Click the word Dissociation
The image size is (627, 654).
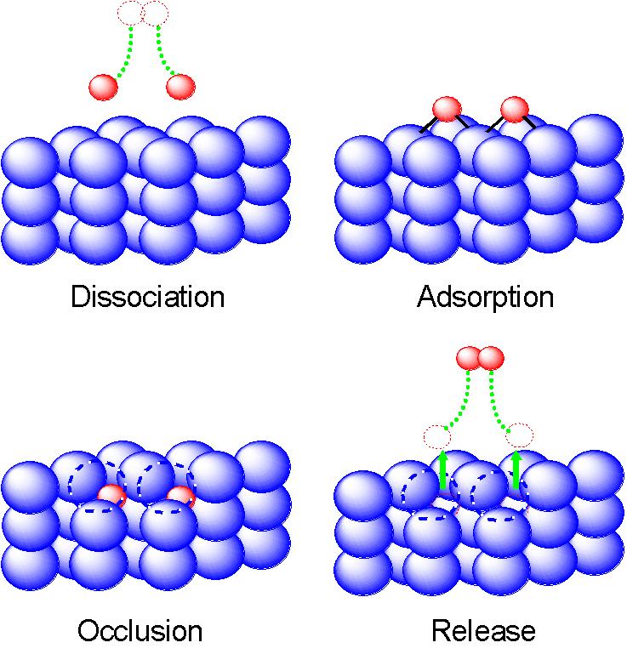tap(148, 297)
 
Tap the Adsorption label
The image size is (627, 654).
tap(486, 297)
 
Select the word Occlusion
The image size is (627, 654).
tap(140, 631)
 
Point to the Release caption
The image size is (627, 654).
tap(483, 631)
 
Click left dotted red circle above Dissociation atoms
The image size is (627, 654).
tap(130, 13)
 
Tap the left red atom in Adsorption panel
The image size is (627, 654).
tap(447, 109)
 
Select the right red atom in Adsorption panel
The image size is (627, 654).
tap(515, 109)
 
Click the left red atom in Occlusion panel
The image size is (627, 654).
tap(112, 496)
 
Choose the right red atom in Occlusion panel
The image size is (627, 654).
tap(180, 498)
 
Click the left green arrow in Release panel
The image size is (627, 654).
tap(442, 470)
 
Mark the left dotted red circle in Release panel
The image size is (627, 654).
tap(438, 436)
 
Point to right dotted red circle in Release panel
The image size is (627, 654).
tap(518, 435)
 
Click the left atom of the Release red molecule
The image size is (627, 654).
tap(469, 358)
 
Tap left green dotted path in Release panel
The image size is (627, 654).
tap(460, 400)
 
